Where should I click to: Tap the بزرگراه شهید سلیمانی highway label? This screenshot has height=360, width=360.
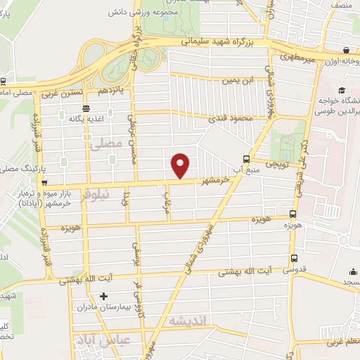pyautogui.click(x=223, y=43)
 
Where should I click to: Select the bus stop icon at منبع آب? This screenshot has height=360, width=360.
pyautogui.click(x=246, y=159)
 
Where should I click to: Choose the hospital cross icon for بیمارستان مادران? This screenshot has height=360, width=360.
pyautogui.click(x=104, y=297)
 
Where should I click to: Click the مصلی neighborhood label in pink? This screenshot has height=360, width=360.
pyautogui.click(x=106, y=143)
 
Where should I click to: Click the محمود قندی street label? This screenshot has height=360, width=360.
pyautogui.click(x=235, y=118)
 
